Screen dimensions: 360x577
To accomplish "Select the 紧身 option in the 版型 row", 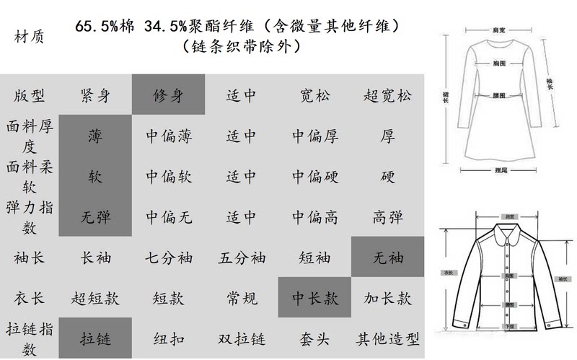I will click(x=95, y=95).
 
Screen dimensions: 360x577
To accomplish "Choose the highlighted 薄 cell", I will click(x=95, y=135).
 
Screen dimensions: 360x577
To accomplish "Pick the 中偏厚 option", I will click(x=315, y=135).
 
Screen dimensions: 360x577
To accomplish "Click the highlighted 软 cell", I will click(x=95, y=175).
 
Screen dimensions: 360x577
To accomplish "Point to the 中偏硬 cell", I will click(x=315, y=175).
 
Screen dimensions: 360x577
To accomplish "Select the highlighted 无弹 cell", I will click(x=95, y=216).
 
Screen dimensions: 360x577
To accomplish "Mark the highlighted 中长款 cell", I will click(x=315, y=297).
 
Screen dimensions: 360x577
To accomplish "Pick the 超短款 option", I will click(x=95, y=297).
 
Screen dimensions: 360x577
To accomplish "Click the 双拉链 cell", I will click(x=242, y=338).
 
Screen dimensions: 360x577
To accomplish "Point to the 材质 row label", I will click(x=29, y=36).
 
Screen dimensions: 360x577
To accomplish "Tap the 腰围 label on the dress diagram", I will click(x=498, y=95).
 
